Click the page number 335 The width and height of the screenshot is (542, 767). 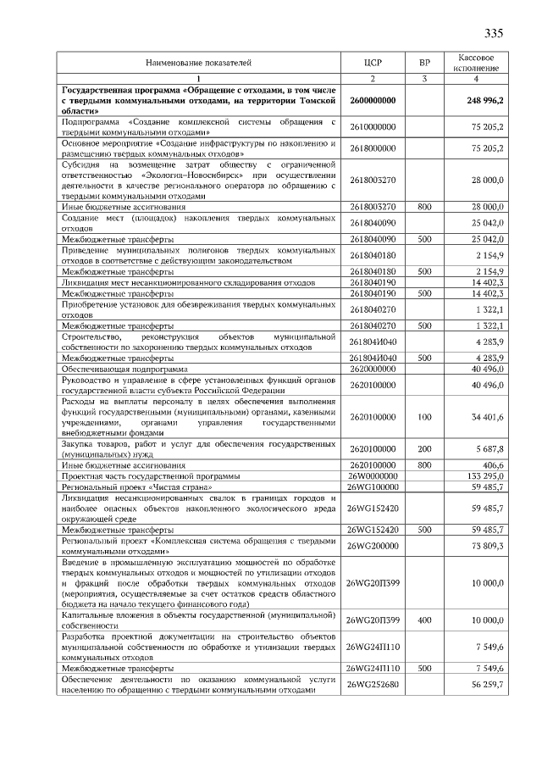coord(493,34)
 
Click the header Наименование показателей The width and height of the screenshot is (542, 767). coord(199,63)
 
